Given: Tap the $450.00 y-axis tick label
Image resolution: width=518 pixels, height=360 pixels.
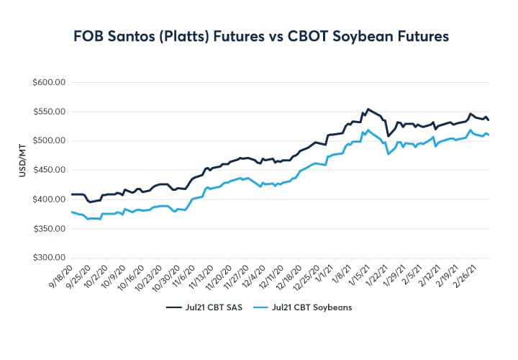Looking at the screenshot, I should (50, 170).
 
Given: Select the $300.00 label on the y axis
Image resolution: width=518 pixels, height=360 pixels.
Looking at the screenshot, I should (50, 258).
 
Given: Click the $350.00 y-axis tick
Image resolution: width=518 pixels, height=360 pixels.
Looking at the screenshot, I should (50, 228).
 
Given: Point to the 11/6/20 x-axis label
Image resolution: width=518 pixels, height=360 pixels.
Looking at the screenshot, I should (183, 276).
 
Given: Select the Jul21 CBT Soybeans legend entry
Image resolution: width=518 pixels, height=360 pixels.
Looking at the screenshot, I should (314, 307).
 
